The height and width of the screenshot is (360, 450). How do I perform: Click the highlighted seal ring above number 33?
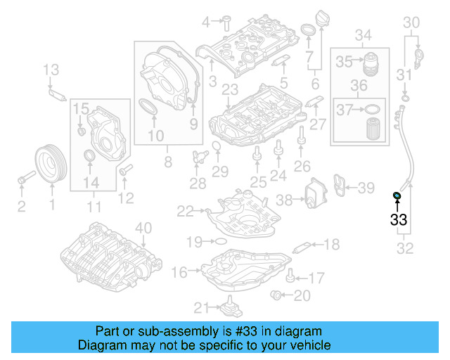[397, 195]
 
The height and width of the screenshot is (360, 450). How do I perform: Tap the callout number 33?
[398, 220]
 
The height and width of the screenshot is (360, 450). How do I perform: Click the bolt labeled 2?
[23, 180]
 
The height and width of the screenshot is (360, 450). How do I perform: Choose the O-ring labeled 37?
[373, 110]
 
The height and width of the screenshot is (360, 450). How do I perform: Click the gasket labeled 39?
[342, 185]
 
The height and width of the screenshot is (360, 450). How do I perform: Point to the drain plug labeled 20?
[277, 294]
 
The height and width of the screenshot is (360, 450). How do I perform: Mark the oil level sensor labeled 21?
[229, 308]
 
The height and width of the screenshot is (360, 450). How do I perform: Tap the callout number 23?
[230, 89]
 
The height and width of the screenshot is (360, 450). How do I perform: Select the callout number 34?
[362, 35]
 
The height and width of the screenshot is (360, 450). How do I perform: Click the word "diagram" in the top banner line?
[302, 331]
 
